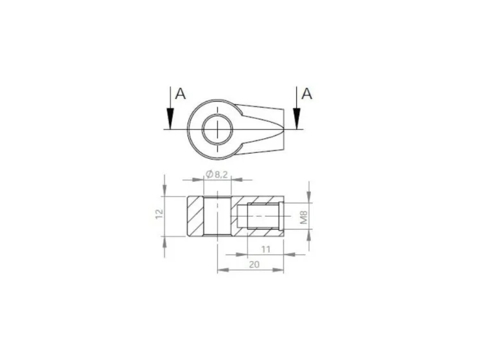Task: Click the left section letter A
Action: coord(181,94)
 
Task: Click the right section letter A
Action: coord(307,94)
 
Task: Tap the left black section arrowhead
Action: coord(170,118)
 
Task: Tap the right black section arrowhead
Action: coord(297,118)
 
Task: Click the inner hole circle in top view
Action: coord(217,114)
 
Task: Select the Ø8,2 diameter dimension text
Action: coord(217,175)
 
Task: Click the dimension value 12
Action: coord(159,213)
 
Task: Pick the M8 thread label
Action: coord(303,217)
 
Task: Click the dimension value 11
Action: coord(266,249)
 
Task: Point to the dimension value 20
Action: coord(254,264)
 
